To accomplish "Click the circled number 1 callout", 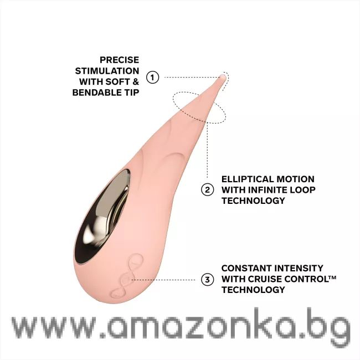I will (153, 77).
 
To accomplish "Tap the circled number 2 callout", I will (207, 189).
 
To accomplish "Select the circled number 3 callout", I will (207, 279).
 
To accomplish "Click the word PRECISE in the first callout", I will (119, 60).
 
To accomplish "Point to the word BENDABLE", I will (96, 92).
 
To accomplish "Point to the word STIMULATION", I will (107, 71).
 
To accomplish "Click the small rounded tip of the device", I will (223, 78).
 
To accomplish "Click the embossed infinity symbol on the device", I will (127, 276).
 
